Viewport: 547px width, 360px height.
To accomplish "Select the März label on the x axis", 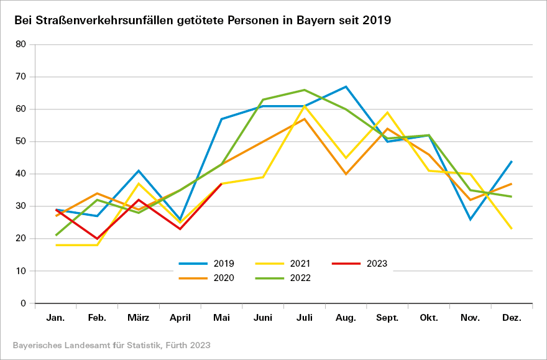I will click(139, 318).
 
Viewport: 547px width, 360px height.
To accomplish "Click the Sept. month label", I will click(387, 318).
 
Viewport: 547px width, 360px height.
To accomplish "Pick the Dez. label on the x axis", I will click(512, 318).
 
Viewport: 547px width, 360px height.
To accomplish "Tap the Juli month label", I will click(305, 318).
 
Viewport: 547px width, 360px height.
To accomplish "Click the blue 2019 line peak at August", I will click(346, 86).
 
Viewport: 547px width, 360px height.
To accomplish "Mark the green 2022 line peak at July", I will click(305, 90).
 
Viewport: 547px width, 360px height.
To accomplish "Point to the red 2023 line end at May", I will click(221, 183).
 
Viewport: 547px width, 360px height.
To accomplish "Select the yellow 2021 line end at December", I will click(512, 229).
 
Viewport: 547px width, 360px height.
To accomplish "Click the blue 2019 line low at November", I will click(470, 219).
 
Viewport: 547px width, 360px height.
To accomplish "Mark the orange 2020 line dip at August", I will click(346, 174).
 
